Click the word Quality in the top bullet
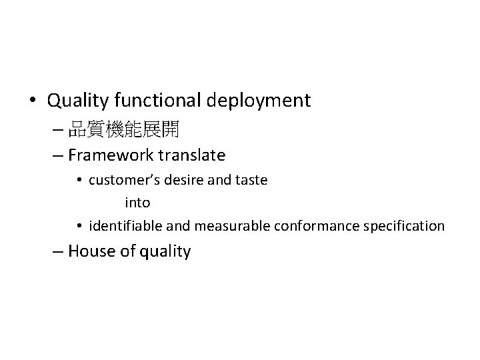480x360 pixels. pyautogui.click(x=79, y=101)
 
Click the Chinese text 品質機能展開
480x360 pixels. pyautogui.click(x=123, y=129)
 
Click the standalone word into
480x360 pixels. pyautogui.click(x=137, y=202)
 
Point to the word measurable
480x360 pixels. pyautogui.click(x=230, y=226)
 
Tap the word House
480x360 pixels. pyautogui.click(x=91, y=251)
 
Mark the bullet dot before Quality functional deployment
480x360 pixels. pyautogui.click(x=32, y=101)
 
